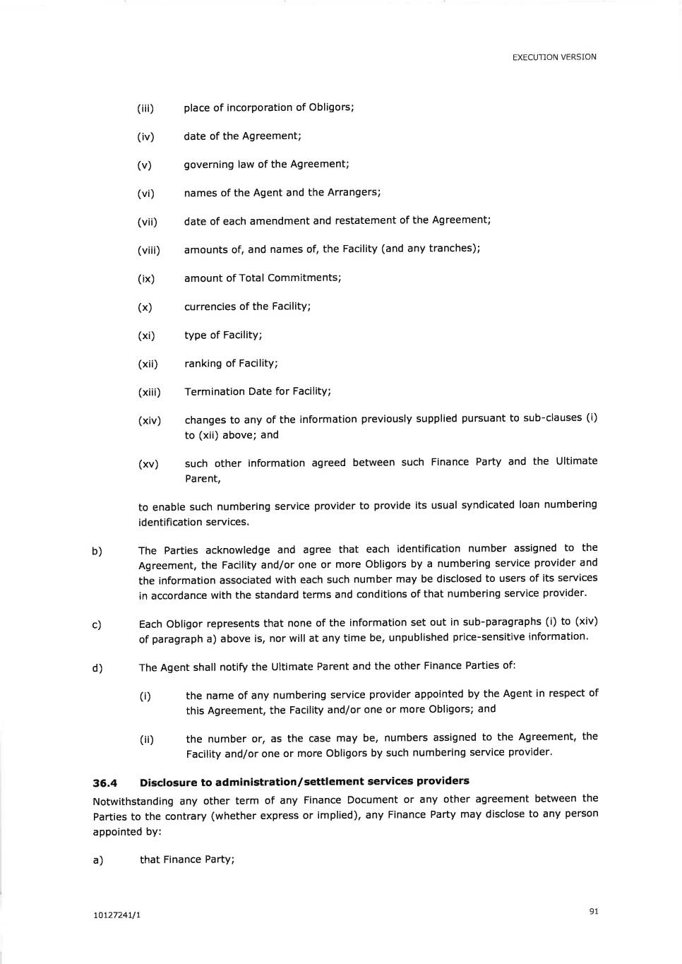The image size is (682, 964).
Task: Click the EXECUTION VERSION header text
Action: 554,57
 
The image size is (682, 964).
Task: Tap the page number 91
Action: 594,911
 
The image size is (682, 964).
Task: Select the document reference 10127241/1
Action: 116,915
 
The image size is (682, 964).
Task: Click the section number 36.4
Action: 104,783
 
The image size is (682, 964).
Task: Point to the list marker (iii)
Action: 145,109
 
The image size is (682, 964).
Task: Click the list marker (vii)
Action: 147,222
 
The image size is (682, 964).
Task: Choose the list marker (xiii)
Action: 149,393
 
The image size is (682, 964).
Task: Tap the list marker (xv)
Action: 148,464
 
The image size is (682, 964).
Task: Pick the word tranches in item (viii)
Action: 452,248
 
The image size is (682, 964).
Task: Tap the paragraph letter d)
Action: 97,668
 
